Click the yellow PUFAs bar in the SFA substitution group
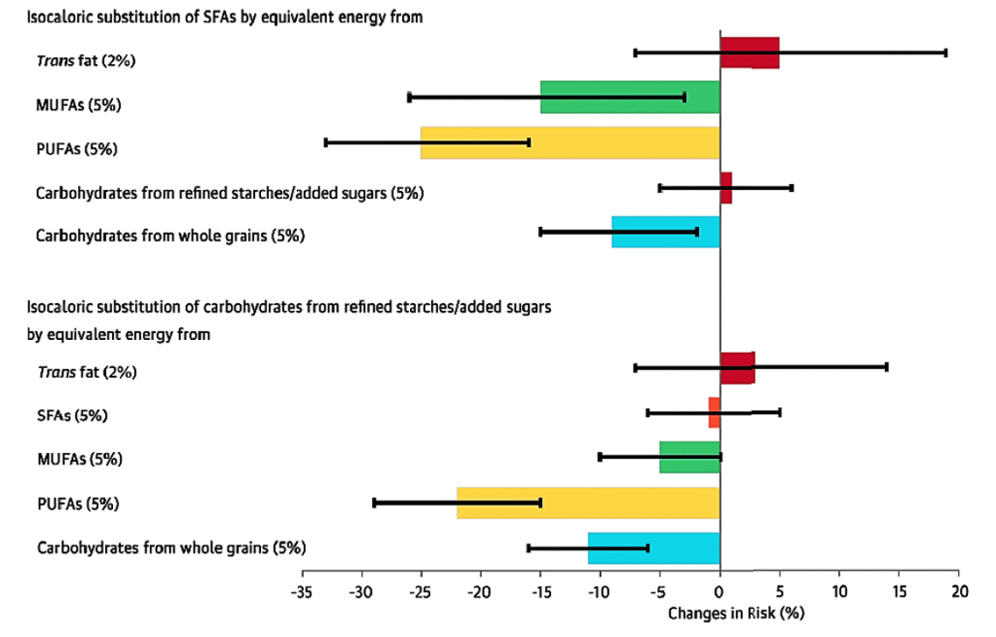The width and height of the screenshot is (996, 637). [570, 142]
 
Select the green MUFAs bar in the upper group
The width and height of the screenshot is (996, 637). [630, 97]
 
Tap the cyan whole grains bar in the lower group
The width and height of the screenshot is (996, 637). [653, 548]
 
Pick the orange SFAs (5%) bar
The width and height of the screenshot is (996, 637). [714, 413]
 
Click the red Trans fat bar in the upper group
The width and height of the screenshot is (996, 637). [749, 53]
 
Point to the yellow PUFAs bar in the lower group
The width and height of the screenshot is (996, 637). [588, 503]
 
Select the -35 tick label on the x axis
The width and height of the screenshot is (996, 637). [302, 592]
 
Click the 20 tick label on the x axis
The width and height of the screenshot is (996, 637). [959, 592]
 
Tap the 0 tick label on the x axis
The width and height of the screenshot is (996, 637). [719, 592]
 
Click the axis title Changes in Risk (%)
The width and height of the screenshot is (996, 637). [737, 615]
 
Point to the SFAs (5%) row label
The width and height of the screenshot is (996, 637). [72, 416]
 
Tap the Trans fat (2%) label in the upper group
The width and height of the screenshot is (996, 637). [86, 60]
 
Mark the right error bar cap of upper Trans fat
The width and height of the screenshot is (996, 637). [945, 53]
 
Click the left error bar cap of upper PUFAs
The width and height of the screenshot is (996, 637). [325, 142]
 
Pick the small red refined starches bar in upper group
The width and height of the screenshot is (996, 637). [725, 188]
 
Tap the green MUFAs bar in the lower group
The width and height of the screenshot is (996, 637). [689, 457]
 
